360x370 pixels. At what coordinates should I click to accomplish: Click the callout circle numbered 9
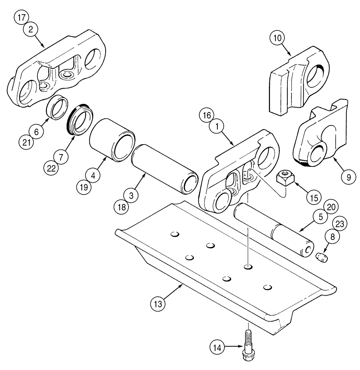(347, 177)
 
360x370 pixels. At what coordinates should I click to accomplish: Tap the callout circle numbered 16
(208, 115)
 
